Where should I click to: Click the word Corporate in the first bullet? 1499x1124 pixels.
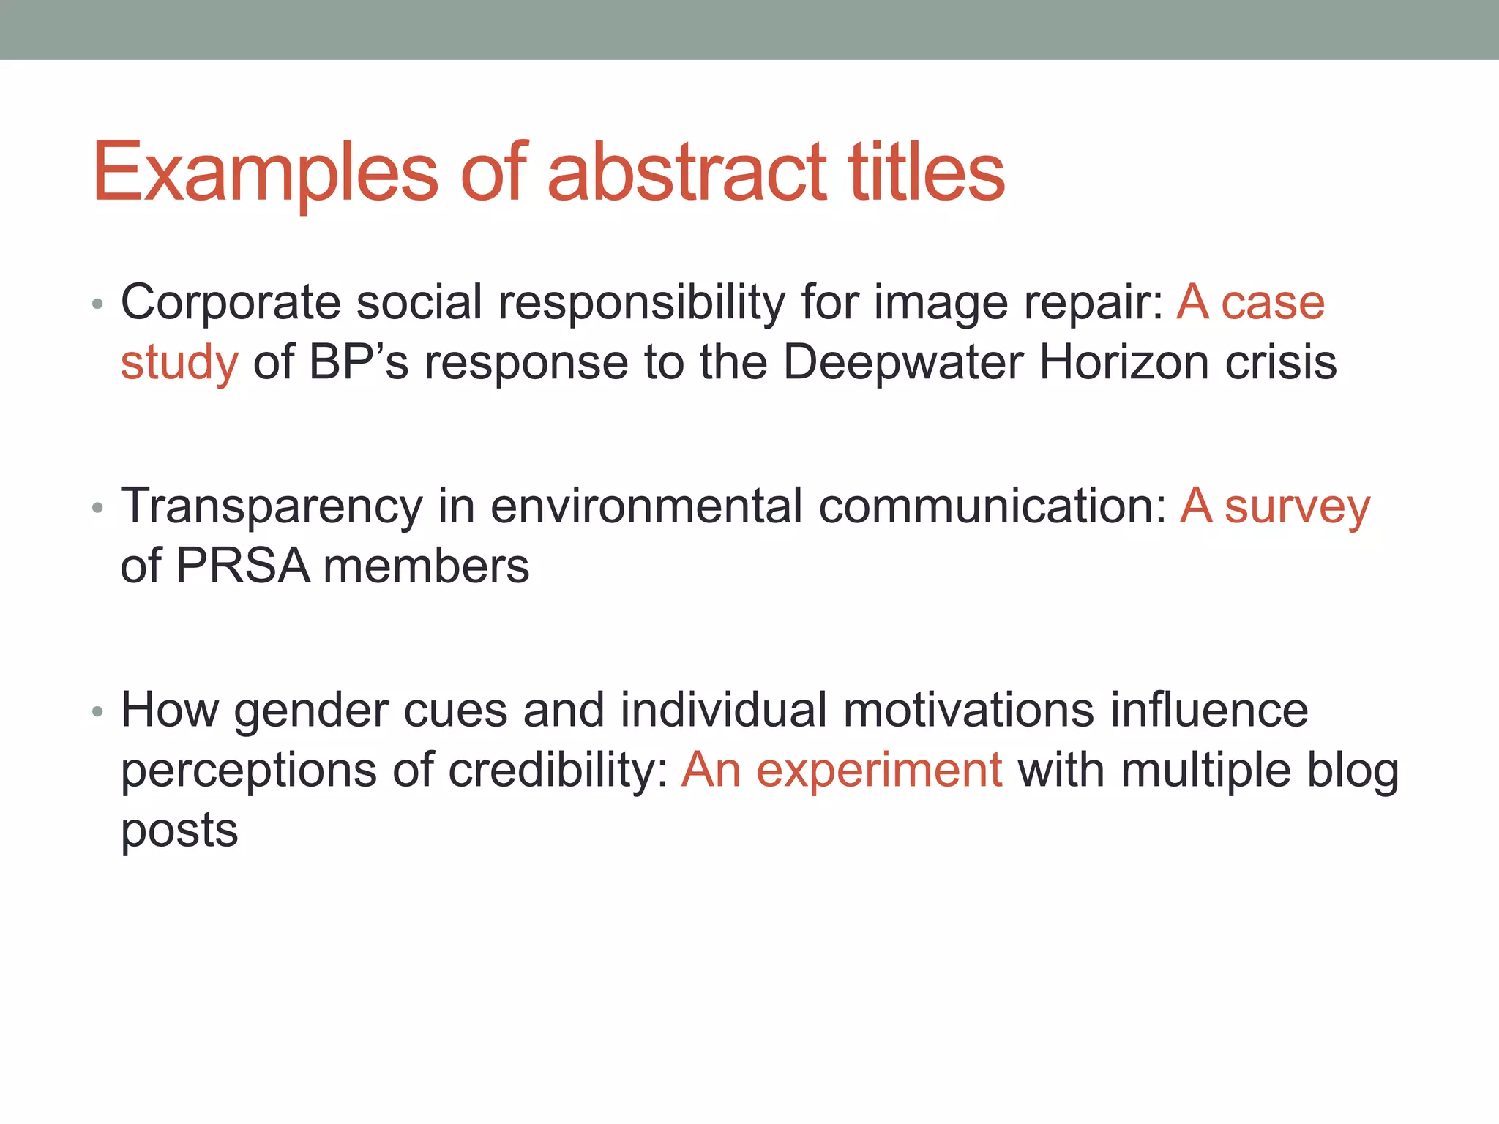point(230,302)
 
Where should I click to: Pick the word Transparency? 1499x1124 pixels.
point(272,507)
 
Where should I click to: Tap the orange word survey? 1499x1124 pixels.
point(1297,507)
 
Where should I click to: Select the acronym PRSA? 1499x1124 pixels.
point(242,566)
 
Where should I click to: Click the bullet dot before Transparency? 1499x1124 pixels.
point(97,507)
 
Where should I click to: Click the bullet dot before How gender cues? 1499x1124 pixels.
point(97,711)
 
